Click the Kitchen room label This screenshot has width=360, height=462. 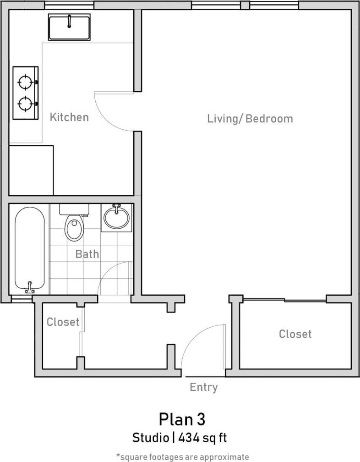pyautogui.click(x=69, y=117)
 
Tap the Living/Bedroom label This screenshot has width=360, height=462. pyautogui.click(x=250, y=119)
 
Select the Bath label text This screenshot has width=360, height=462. pyautogui.click(x=87, y=253)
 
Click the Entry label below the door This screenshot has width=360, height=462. pyautogui.click(x=204, y=387)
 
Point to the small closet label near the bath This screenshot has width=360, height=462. pyautogui.click(x=63, y=322)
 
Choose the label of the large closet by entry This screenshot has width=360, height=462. pyautogui.click(x=295, y=334)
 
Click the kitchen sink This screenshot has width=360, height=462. pyautogui.click(x=69, y=27)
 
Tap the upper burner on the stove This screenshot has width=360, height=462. pyautogui.click(x=25, y=82)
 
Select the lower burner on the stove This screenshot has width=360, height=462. pyautogui.click(x=25, y=104)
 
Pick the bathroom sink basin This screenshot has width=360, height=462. pyautogui.click(x=116, y=217)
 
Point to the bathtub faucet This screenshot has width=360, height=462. pyautogui.click(x=30, y=288)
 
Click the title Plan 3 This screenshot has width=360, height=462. pyautogui.click(x=182, y=419)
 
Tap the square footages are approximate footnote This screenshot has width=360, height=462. pyautogui.click(x=182, y=456)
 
